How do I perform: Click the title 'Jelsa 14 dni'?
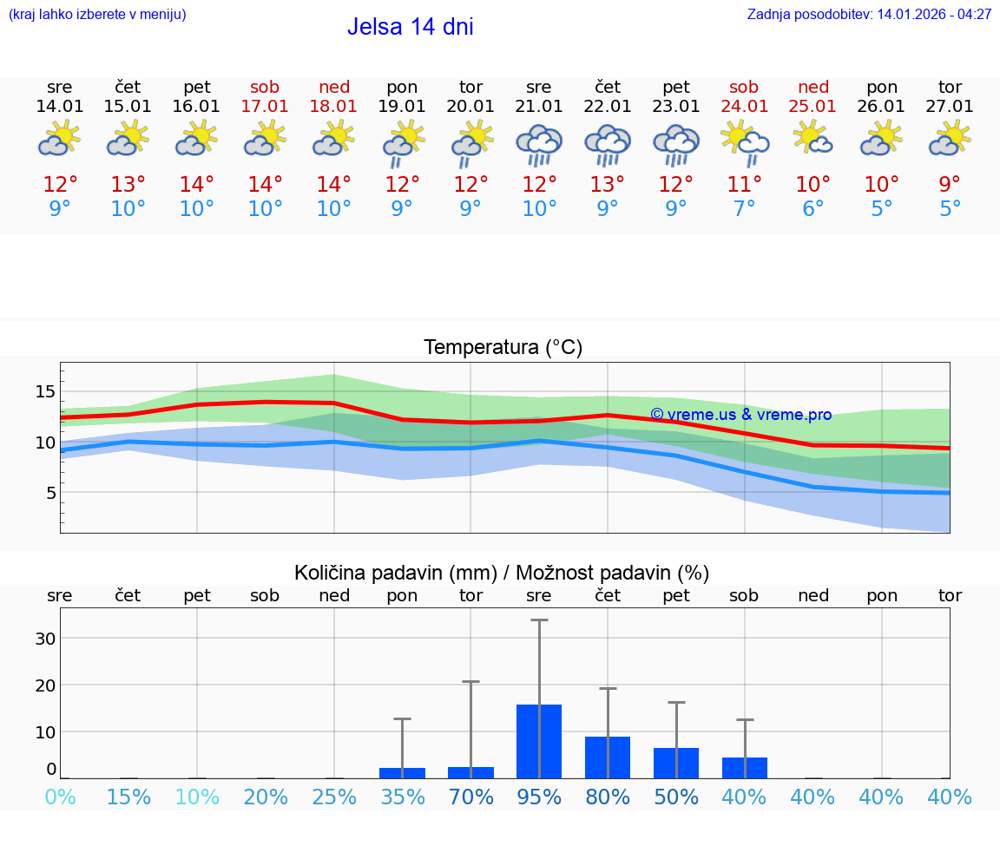pyautogui.click(x=410, y=27)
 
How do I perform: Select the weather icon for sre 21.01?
pyautogui.click(x=539, y=145)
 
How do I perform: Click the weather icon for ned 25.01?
pyautogui.click(x=812, y=139)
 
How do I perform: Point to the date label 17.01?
pyautogui.click(x=265, y=107)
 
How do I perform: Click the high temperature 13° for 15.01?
pyautogui.click(x=128, y=185)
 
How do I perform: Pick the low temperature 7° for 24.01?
pyautogui.click(x=744, y=209)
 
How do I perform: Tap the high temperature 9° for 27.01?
pyautogui.click(x=950, y=185)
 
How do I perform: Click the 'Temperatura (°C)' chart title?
pyautogui.click(x=503, y=348)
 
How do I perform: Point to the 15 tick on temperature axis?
pyautogui.click(x=45, y=391)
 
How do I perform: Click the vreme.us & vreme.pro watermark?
pyautogui.click(x=740, y=415)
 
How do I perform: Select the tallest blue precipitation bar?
pyautogui.click(x=539, y=741)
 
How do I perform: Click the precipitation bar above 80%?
pyautogui.click(x=608, y=757)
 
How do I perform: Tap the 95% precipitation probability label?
pyautogui.click(x=539, y=797)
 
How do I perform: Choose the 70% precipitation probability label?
pyautogui.click(x=470, y=797)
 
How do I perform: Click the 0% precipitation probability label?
pyautogui.click(x=60, y=797)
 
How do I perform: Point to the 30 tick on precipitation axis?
pyautogui.click(x=45, y=638)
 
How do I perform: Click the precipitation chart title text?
pyautogui.click(x=502, y=573)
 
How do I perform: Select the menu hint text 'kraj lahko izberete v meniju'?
pyautogui.click(x=97, y=15)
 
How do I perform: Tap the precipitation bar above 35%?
pyautogui.click(x=402, y=772)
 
